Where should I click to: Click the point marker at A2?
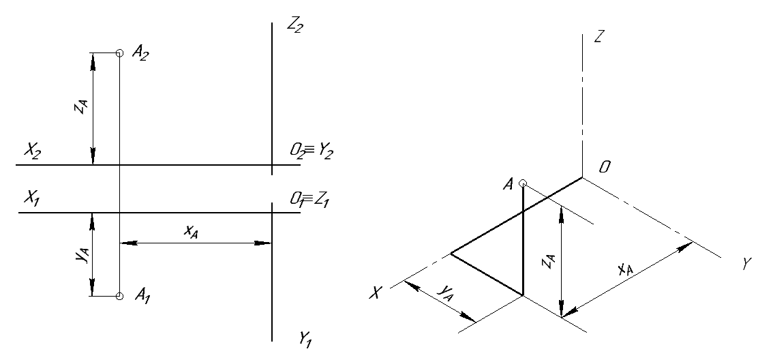point(119,52)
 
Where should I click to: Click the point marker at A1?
point(119,297)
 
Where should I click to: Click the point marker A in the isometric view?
point(523,183)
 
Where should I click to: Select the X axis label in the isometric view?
point(374,292)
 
